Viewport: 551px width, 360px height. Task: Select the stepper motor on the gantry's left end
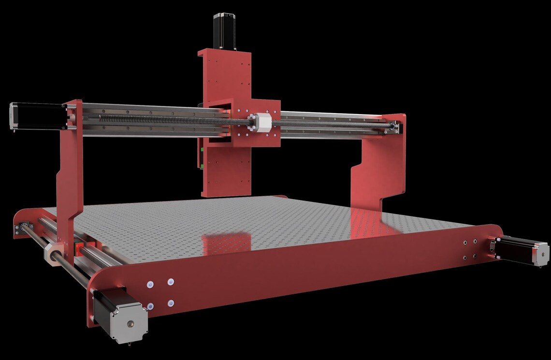(36, 116)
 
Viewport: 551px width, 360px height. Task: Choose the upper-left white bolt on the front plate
(150, 284)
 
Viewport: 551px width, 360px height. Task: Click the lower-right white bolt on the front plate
(171, 303)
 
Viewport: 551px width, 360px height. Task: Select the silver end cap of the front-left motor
(128, 321)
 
